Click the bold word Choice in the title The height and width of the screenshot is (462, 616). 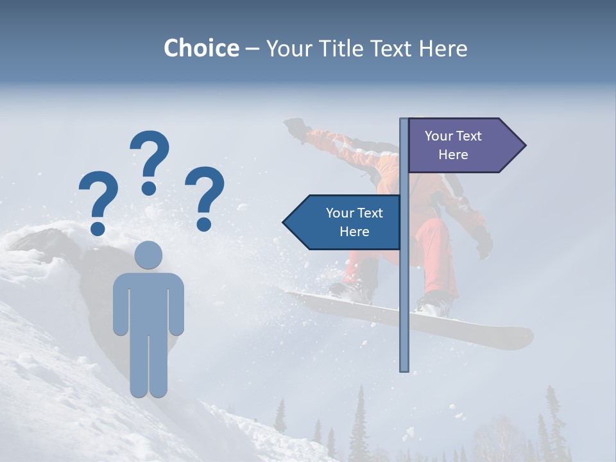point(201,48)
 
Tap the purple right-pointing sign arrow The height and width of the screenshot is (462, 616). point(462,146)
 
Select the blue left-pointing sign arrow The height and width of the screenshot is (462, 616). point(343,222)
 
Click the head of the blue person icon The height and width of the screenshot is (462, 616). point(148,255)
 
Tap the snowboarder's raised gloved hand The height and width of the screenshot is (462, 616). point(295,126)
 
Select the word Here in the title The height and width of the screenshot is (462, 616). point(443,48)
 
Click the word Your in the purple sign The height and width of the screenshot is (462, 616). point(439,136)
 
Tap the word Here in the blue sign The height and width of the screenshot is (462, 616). point(354,232)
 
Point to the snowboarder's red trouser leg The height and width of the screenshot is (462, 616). point(436,257)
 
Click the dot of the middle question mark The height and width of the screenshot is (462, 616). point(149,188)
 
